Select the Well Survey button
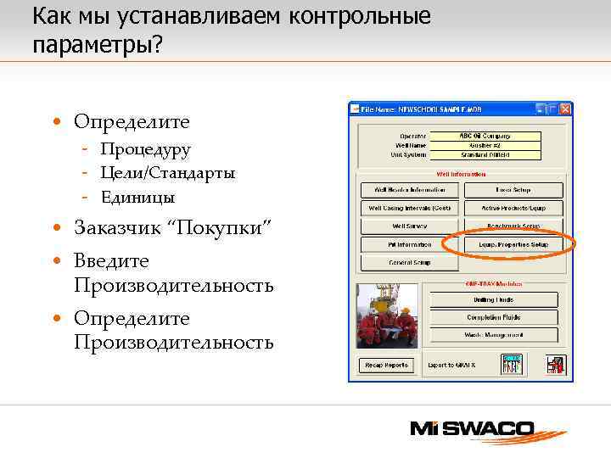(x=411, y=226)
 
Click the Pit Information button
(x=411, y=244)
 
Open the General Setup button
(x=411, y=263)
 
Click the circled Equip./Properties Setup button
(x=513, y=244)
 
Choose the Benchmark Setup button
(x=513, y=226)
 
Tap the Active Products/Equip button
(x=513, y=208)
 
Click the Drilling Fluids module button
(x=495, y=299)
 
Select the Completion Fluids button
(x=495, y=317)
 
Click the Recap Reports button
(x=387, y=366)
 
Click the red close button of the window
(x=565, y=109)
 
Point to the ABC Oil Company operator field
(x=486, y=136)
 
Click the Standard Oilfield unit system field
(x=486, y=155)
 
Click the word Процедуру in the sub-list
(x=145, y=149)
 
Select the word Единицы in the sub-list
(x=137, y=198)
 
